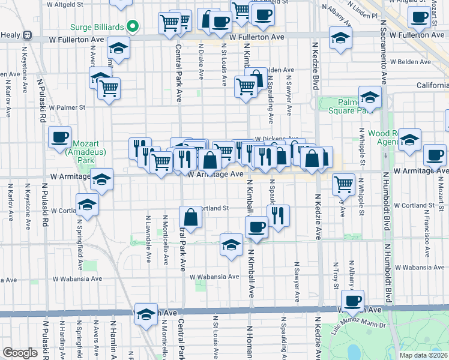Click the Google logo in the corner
19,353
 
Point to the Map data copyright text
424,355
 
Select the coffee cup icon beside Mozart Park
60,137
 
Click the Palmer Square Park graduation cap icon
370,97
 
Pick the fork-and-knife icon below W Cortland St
277,215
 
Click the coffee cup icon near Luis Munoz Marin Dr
352,300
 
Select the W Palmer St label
68,108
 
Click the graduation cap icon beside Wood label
409,140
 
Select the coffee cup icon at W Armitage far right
434,155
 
